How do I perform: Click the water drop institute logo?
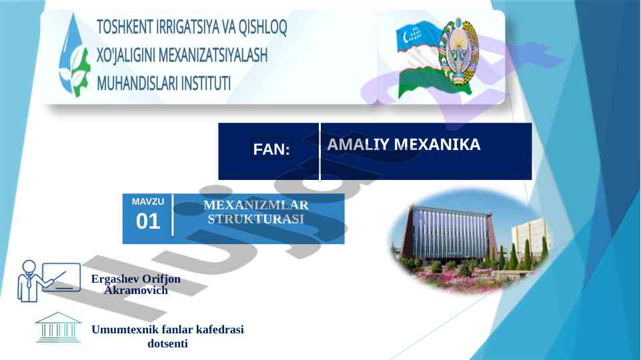pos(73,55)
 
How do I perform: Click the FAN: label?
pos(271,149)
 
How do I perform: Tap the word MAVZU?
pos(148,201)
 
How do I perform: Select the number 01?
pos(148,221)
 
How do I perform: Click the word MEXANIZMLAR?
pos(256,205)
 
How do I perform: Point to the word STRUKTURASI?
pos(256,219)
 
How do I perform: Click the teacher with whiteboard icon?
pos(49,281)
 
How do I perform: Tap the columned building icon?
pos(58,327)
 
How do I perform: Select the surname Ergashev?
pos(109,279)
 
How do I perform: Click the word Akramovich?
pos(136,290)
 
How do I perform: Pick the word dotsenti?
pos(167,343)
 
